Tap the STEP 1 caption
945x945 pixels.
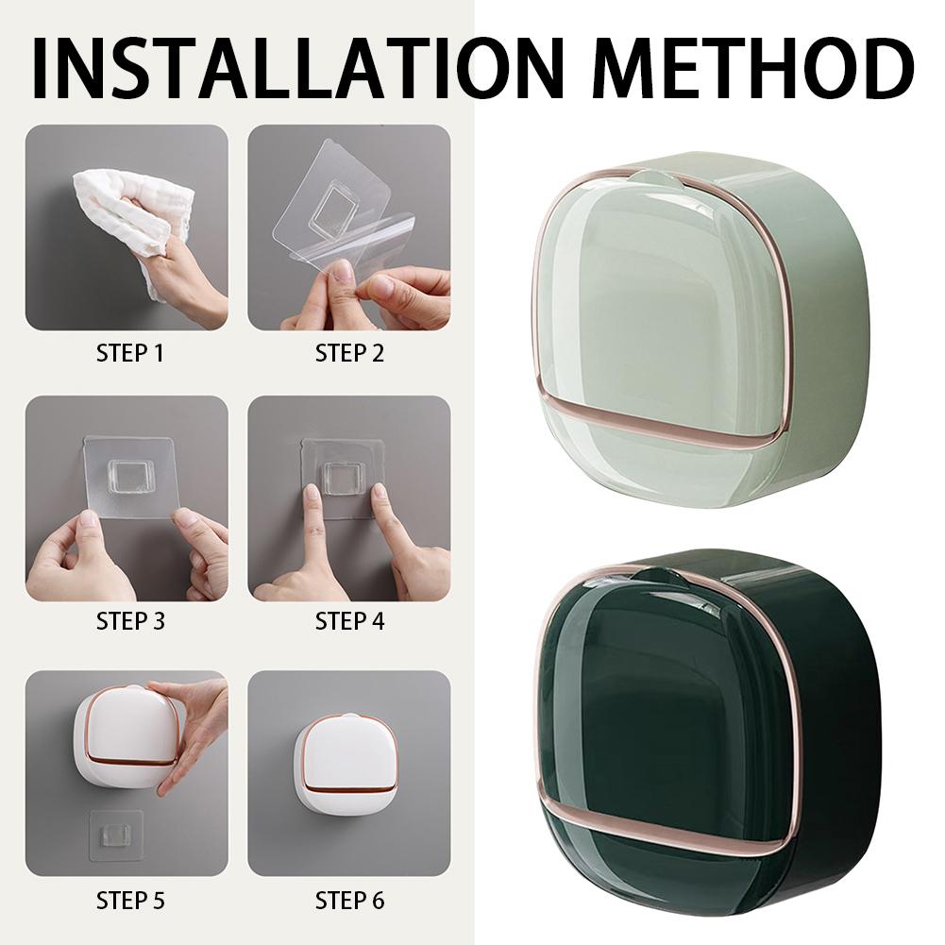coord(130,354)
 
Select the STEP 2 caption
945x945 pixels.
coord(349,354)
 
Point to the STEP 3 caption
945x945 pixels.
coord(130,620)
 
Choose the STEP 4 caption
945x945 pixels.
coord(349,620)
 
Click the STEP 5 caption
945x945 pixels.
coord(130,901)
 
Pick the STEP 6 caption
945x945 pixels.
coord(349,901)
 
